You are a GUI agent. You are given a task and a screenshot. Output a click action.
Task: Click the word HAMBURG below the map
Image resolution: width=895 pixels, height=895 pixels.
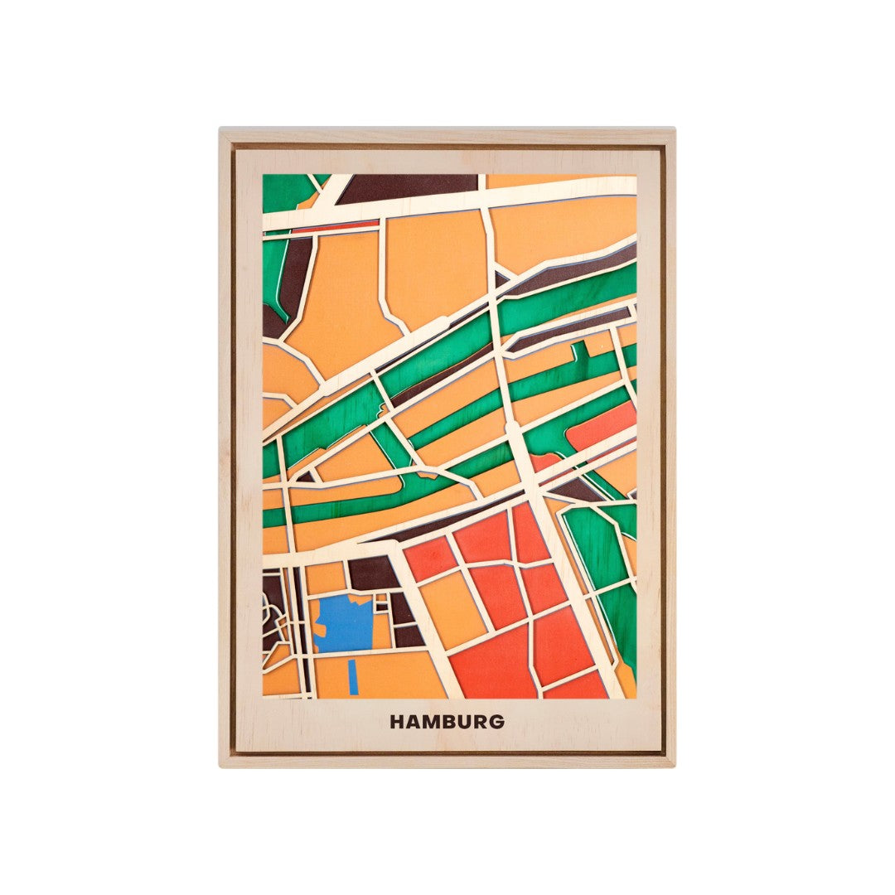pos(447,722)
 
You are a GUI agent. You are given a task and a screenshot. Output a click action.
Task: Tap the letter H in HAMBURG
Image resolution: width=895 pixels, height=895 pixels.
pos(396,722)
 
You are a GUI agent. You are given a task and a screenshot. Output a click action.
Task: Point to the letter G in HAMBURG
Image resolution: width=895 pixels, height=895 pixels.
pos(496,722)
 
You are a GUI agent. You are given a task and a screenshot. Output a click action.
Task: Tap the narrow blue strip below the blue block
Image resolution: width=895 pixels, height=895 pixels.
pos(354,676)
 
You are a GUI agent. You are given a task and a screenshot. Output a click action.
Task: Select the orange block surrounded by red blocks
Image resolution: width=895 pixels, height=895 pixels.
pos(452,609)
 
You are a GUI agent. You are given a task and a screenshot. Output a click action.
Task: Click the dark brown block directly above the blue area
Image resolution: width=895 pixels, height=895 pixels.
pos(372,573)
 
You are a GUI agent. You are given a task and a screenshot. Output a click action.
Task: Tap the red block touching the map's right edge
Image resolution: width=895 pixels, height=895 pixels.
pos(605,425)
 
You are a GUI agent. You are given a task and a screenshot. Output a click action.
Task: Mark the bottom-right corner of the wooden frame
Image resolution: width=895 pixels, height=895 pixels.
pos(674,766)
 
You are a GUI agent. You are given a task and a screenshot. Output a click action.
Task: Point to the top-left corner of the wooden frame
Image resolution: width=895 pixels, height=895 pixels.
pos(220,129)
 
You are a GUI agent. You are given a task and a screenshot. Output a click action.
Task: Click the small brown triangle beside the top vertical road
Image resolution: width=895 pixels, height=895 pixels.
pos(501,276)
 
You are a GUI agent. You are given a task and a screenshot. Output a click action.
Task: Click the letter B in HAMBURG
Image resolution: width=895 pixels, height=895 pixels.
pos(448,722)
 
